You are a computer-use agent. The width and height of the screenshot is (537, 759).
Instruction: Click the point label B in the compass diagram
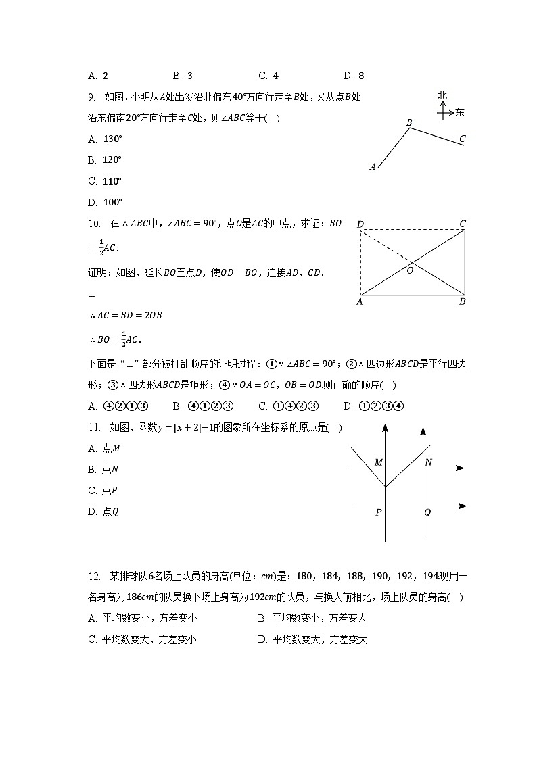[409, 122]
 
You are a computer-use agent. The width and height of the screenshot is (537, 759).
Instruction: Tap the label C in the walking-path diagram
[462, 139]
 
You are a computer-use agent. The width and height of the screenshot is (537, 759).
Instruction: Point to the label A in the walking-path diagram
[373, 166]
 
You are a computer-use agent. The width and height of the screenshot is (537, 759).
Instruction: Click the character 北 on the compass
[442, 96]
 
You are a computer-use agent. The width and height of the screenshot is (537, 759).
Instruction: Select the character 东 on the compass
[460, 112]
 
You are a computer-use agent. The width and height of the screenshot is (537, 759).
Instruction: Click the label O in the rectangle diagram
[409, 270]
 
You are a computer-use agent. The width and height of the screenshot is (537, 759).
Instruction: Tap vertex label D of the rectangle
[360, 224]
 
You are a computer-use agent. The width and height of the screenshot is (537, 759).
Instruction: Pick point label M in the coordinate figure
[379, 462]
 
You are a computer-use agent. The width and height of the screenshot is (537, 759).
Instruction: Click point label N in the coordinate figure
[428, 462]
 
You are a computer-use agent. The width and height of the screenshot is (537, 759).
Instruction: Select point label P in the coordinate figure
[378, 512]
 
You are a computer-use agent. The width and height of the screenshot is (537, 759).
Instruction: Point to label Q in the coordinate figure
[427, 512]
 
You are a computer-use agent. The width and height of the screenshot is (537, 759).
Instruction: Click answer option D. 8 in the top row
[354, 76]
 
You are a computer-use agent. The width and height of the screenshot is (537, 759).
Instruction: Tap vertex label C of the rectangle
[463, 224]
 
